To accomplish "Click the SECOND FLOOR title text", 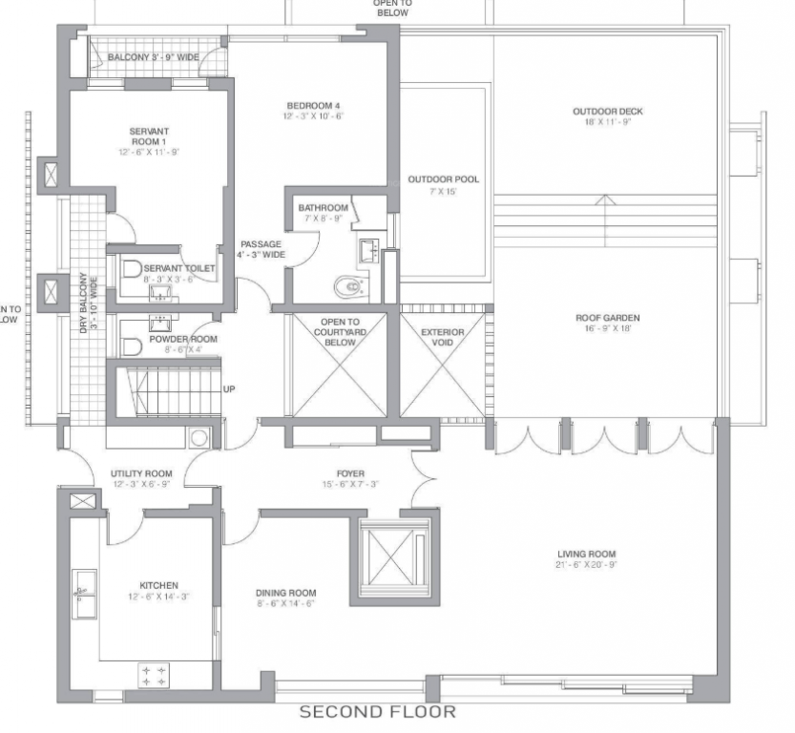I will tap(378, 712).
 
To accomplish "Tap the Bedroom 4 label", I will tap(313, 105).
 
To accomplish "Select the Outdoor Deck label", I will tap(607, 112).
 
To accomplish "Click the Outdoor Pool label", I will tap(444, 179).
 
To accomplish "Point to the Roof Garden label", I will tap(607, 318).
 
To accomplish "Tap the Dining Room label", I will tap(285, 592).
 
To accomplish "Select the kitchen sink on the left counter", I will tap(84, 582).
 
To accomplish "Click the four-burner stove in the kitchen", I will tap(154, 676).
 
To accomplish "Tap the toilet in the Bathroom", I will tap(349, 285).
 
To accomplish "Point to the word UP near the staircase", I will tap(229, 389).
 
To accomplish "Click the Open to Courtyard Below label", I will tap(340, 332).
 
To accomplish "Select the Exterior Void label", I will tap(443, 338).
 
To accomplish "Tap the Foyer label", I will tap(350, 473).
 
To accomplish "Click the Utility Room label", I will tap(141, 473).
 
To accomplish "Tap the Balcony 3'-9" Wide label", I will tap(153, 58).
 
